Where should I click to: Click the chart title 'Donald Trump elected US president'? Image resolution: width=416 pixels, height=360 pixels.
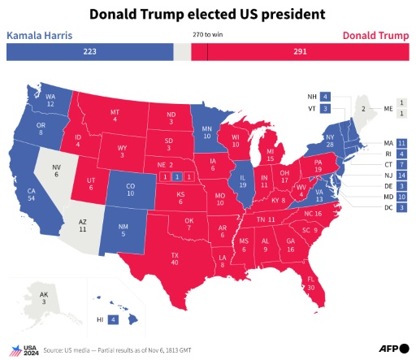tap(207, 15)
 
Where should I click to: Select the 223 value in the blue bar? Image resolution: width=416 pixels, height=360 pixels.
tap(89, 51)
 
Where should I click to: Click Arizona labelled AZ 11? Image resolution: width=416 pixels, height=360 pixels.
tap(82, 227)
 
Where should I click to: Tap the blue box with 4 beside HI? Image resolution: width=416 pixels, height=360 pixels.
tap(113, 320)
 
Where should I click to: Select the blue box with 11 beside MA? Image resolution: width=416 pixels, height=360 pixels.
tap(401, 143)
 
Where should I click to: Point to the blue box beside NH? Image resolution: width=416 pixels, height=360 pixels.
tap(324, 96)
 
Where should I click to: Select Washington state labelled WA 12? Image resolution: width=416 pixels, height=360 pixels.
tap(50, 102)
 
